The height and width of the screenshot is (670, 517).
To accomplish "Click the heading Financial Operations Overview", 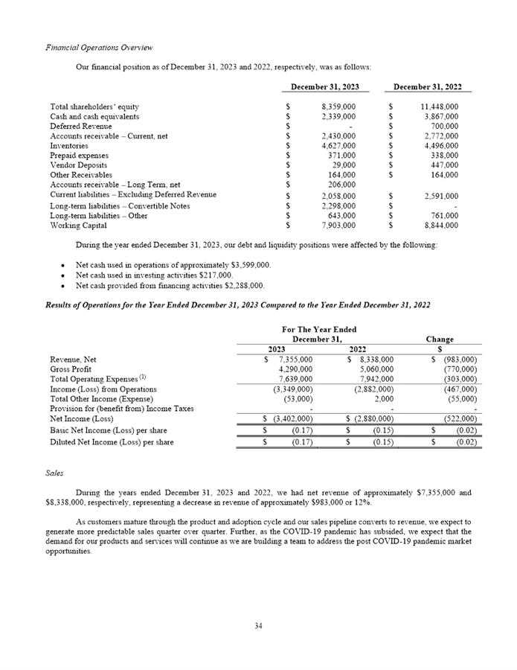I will pos(99,48).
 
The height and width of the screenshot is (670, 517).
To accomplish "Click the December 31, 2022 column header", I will pos(428,87).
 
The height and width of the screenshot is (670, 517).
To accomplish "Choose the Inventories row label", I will pos(68,146).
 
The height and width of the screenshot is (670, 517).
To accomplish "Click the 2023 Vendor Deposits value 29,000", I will pos(341,165).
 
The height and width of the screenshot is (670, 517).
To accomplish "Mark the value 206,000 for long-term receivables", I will pos(339,184).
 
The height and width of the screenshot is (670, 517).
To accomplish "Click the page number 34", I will pos(258,625).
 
